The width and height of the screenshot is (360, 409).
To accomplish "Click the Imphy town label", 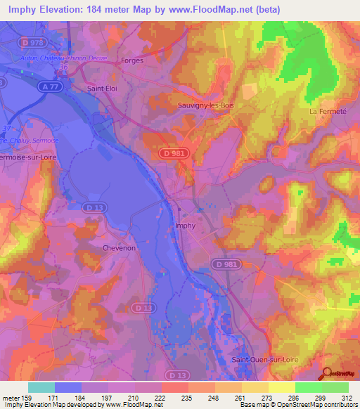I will click(185, 226).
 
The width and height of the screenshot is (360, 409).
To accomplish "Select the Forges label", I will click(131, 60).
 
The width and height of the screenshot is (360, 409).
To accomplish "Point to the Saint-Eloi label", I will click(101, 89).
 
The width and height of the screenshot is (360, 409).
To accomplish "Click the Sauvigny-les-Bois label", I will click(205, 105).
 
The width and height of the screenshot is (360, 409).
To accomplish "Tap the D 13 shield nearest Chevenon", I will click(91, 207).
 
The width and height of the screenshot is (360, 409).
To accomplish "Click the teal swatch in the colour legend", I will click(41, 387).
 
